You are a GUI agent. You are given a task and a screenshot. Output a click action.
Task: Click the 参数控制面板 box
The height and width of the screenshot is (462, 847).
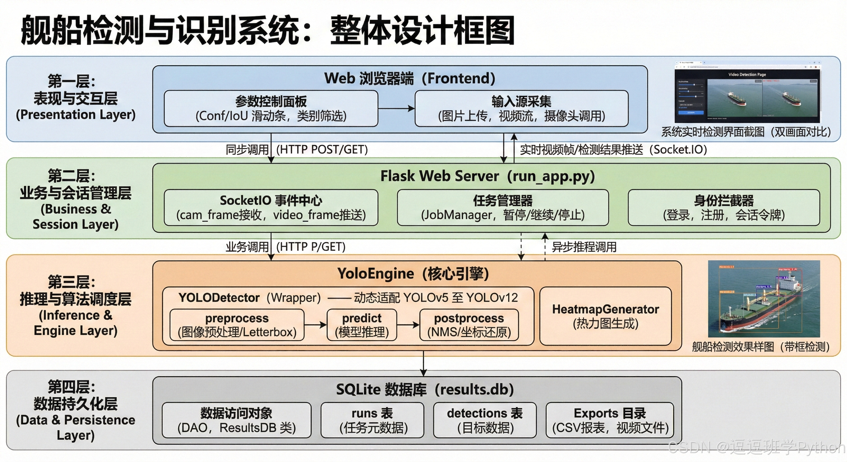click(x=271, y=109)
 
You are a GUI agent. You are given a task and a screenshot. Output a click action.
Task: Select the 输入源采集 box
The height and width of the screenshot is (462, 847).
click(x=521, y=109)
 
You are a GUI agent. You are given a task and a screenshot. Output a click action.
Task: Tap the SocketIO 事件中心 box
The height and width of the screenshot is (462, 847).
click(x=271, y=208)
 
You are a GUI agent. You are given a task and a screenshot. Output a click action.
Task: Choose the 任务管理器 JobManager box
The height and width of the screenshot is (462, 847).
click(x=502, y=208)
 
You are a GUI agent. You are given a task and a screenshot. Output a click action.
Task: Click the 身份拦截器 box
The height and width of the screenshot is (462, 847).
click(x=723, y=208)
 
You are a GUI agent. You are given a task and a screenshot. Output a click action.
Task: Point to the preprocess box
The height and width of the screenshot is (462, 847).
click(x=237, y=325)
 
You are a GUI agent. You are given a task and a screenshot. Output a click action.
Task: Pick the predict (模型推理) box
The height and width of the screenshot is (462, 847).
click(x=362, y=325)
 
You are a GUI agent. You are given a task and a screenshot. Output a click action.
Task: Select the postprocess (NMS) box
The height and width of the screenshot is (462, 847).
click(x=469, y=325)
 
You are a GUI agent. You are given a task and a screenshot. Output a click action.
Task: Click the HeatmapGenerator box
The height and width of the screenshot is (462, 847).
click(x=605, y=316)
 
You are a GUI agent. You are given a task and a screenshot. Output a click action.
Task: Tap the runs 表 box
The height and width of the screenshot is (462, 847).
click(x=372, y=420)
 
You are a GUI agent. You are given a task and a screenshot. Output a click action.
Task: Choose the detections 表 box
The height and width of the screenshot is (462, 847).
click(x=485, y=420)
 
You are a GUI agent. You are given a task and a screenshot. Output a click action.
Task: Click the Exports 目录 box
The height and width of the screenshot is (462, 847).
click(x=610, y=420)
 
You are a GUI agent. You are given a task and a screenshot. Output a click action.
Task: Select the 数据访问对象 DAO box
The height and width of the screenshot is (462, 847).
click(x=236, y=420)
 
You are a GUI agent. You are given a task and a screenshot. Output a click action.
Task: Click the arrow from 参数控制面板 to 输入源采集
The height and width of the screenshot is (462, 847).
click(x=396, y=109)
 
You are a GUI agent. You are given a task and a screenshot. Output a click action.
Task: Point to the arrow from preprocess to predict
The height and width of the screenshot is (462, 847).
click(x=315, y=325)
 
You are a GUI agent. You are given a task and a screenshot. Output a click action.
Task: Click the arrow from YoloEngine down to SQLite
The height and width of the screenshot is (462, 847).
click(x=423, y=363)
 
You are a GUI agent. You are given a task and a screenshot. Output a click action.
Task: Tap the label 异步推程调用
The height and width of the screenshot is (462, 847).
click(x=584, y=247)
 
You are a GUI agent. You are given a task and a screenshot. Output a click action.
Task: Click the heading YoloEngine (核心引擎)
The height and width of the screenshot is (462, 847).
click(x=413, y=274)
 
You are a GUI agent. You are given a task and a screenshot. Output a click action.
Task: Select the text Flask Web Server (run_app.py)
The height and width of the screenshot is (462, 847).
click(x=488, y=176)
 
